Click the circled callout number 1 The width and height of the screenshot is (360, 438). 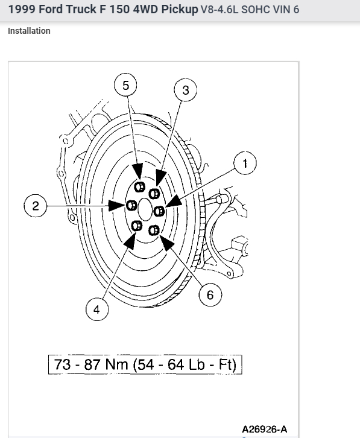(245, 163)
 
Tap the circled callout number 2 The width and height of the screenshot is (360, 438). (35, 206)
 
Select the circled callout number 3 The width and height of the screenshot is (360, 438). (186, 90)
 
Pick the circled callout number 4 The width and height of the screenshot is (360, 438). (97, 309)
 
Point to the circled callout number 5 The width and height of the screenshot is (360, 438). (125, 85)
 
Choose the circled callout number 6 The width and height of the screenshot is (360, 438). (210, 294)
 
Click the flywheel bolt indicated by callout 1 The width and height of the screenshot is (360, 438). (159, 211)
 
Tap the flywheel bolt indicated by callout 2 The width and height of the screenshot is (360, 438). (131, 206)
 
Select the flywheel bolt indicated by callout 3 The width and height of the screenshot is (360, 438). (154, 193)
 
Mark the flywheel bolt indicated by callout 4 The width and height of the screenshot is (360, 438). (136, 226)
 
